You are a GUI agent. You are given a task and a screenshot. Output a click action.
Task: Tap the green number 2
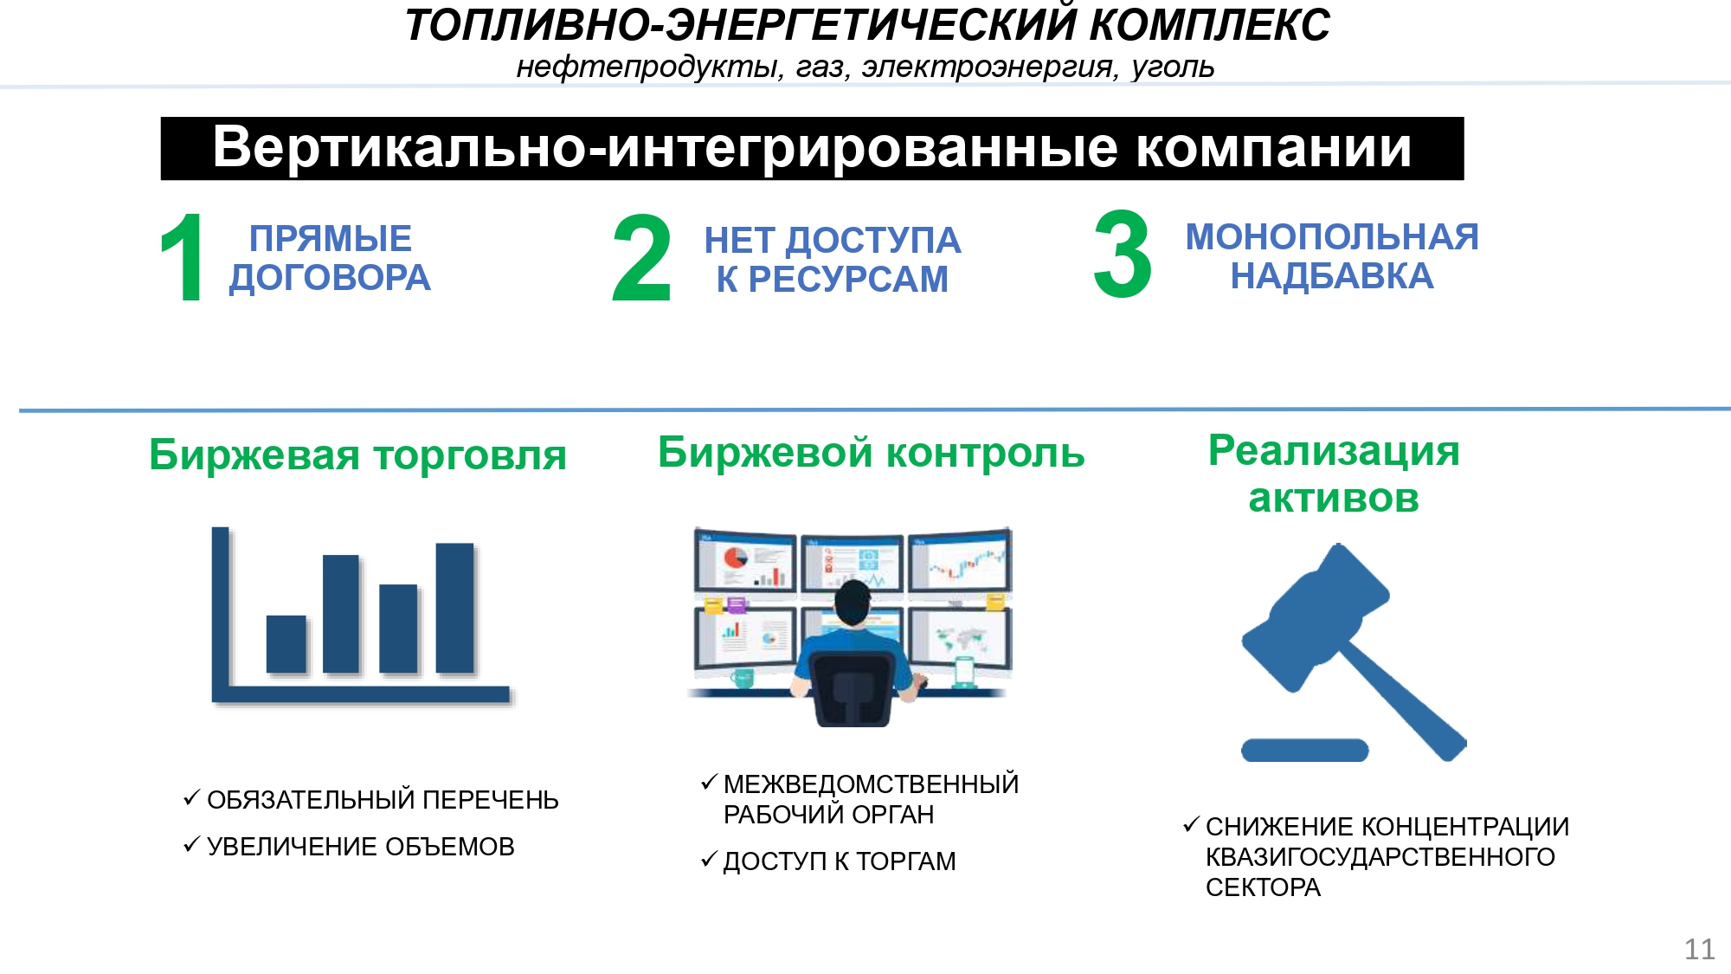[x=641, y=258]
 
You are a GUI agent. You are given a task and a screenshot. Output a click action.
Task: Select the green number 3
[x=1123, y=255]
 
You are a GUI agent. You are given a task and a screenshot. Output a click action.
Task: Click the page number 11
[x=1700, y=950]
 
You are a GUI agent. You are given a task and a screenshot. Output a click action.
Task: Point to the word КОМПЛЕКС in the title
[x=1209, y=24]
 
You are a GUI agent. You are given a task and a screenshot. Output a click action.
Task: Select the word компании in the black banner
[x=1274, y=147]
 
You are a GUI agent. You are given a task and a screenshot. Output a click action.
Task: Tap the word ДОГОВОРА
[x=330, y=278]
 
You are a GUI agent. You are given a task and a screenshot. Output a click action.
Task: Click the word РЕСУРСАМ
[x=848, y=280]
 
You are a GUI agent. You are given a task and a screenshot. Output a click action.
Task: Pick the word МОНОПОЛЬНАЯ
[x=1332, y=236]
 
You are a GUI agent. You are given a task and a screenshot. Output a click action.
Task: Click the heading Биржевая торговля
[x=357, y=455]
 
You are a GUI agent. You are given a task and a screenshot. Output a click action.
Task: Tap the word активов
[x=1334, y=498]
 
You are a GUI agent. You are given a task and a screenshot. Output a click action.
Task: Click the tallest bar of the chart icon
[x=454, y=608]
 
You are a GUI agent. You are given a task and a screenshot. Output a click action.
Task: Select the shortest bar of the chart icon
[x=286, y=644]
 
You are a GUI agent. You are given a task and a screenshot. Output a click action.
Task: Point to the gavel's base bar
[x=1304, y=750]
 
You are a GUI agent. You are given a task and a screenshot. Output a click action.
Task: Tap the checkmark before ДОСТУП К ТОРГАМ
[x=710, y=859]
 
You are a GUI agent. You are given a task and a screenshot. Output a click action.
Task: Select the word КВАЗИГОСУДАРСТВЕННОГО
[x=1380, y=857]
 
